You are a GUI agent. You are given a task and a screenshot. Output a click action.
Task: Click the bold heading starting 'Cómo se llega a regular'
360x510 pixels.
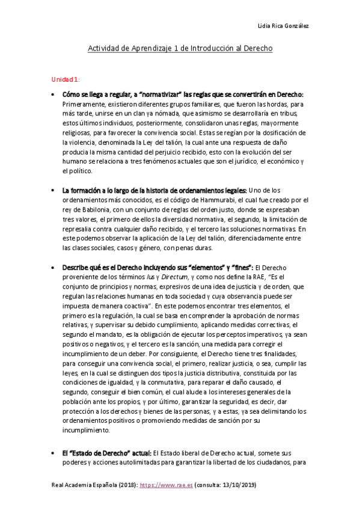tap(183, 94)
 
